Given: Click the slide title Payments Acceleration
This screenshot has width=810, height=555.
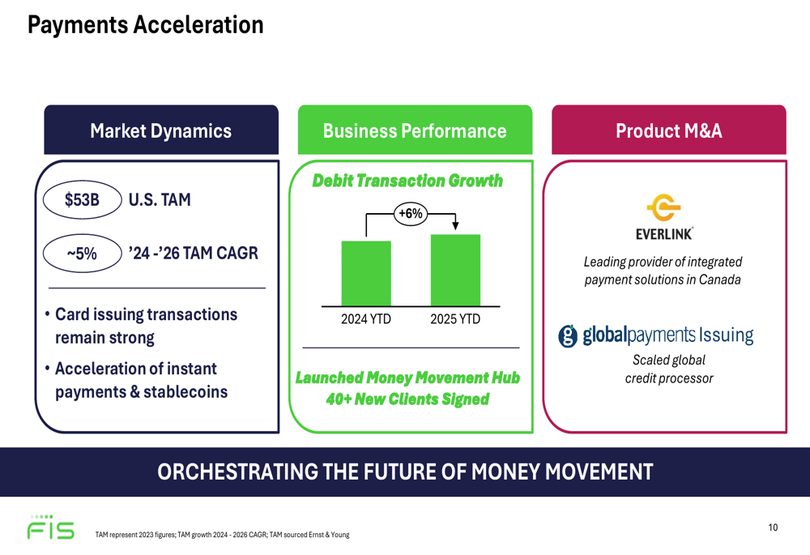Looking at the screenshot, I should click(x=145, y=25).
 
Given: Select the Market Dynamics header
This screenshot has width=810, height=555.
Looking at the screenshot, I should click(x=160, y=131).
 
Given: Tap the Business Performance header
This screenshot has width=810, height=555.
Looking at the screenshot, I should click(x=414, y=131).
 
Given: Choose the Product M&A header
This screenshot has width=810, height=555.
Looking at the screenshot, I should click(x=668, y=131).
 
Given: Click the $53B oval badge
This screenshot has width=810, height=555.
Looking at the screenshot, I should click(x=81, y=199).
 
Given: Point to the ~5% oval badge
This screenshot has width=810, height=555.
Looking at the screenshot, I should click(x=81, y=254).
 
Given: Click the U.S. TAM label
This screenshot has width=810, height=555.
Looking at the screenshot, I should click(x=160, y=199).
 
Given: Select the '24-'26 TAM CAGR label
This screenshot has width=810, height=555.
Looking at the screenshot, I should click(x=193, y=254).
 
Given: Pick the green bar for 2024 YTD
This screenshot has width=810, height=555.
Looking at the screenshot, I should click(x=366, y=273).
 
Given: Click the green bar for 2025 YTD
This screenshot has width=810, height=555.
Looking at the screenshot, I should click(x=455, y=270).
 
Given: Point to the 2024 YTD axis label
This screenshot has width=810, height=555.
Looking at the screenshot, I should click(x=366, y=319).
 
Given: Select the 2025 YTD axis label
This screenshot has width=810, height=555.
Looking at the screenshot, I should click(x=455, y=319).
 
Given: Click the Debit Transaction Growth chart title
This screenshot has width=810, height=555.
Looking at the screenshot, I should click(x=407, y=181).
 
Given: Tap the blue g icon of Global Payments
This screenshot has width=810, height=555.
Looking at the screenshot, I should click(x=569, y=335).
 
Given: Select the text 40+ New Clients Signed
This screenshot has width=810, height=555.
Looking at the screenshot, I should click(x=407, y=399).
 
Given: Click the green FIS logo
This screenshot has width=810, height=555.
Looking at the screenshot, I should click(x=50, y=528).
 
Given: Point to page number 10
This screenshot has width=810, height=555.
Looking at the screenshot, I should click(x=773, y=527).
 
